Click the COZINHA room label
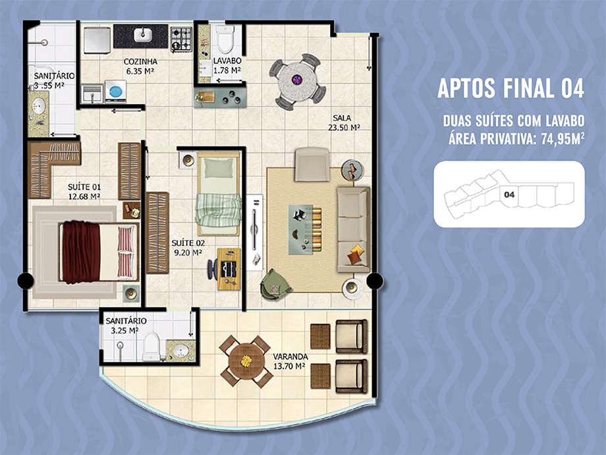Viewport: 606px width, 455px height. (140, 61)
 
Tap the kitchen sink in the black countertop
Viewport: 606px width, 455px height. (143, 35)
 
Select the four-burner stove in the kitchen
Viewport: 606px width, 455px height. (181, 39)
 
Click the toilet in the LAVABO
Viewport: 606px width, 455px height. (225, 39)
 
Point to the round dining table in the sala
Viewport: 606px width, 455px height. (298, 82)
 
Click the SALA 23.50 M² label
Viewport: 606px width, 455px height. (344, 123)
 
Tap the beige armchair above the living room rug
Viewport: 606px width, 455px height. (312, 164)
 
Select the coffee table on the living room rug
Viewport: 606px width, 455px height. (300, 229)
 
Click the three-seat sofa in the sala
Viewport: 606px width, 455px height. (353, 230)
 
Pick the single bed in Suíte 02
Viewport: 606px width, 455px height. (219, 193)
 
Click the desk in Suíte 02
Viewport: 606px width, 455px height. (229, 269)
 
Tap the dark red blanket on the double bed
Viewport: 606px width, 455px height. (81, 252)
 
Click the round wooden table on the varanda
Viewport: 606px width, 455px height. (246, 361)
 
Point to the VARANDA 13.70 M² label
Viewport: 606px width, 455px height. (290, 361)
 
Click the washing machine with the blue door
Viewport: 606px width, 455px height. (115, 91)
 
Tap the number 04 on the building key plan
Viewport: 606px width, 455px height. (509, 195)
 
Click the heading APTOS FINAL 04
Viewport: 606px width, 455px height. (510, 88)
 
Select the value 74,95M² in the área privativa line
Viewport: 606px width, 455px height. (563, 139)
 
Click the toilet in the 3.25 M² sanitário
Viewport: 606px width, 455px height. (151, 346)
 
